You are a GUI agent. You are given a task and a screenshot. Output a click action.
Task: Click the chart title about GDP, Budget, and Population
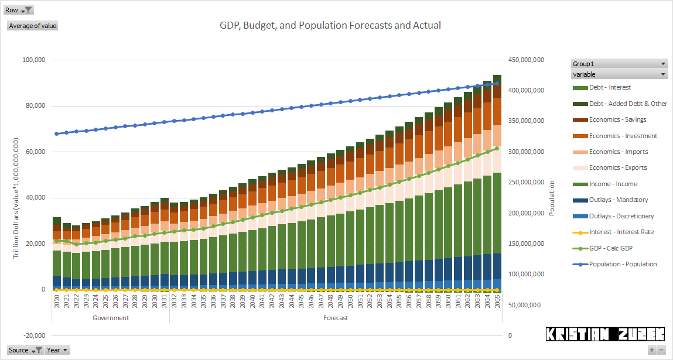[x=330, y=25]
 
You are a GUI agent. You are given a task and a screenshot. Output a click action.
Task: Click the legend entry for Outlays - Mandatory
[x=619, y=200]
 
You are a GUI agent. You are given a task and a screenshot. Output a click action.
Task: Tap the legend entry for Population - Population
[x=623, y=264]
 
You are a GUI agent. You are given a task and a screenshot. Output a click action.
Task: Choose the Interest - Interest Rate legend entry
[x=621, y=232]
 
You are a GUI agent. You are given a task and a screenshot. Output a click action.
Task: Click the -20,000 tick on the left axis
[x=33, y=335]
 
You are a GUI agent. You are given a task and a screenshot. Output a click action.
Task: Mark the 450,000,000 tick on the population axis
[x=524, y=60]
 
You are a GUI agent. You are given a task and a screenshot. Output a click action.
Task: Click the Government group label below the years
[x=111, y=318]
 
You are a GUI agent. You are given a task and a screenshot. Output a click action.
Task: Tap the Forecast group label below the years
[x=336, y=318]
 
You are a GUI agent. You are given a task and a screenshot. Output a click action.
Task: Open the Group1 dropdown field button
[x=619, y=64]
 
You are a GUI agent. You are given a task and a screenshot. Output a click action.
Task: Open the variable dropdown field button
[x=619, y=74]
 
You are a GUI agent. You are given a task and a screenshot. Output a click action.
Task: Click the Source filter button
[x=25, y=350]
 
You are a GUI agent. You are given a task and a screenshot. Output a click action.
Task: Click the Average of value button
[x=33, y=26]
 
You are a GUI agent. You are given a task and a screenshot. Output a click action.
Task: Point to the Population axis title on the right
[x=551, y=198]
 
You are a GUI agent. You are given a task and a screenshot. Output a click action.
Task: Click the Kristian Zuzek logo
[x=605, y=334]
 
